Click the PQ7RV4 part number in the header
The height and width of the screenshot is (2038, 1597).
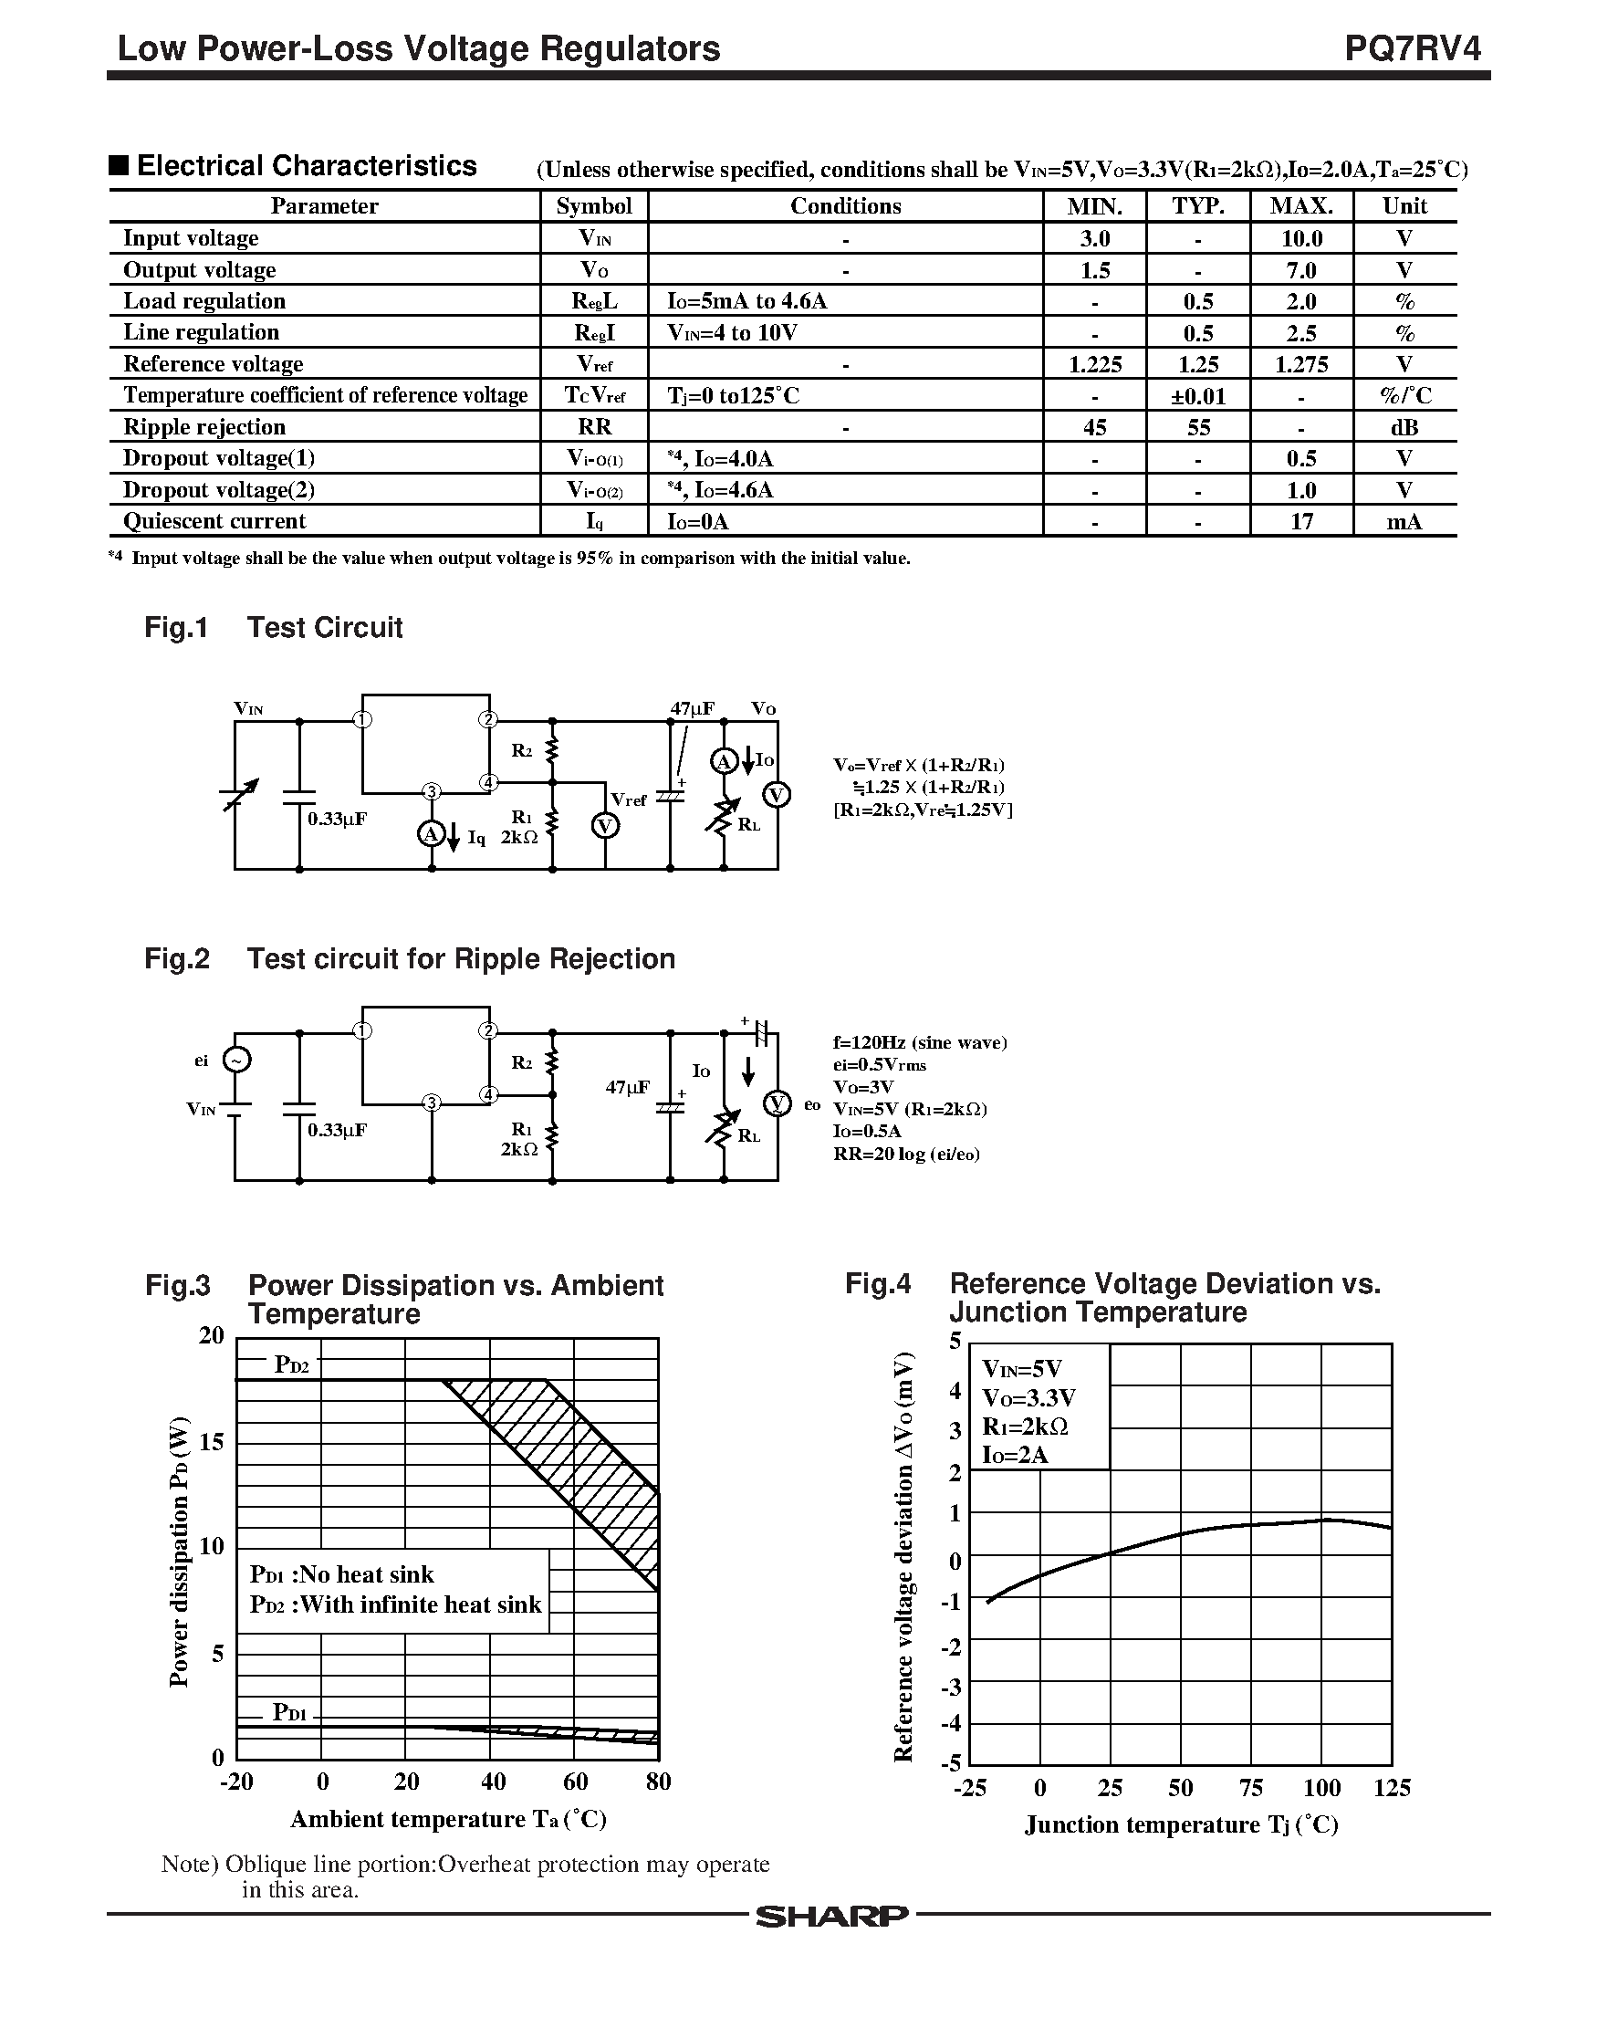[x=1412, y=48]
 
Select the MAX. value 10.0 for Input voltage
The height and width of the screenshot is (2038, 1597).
[x=1301, y=238]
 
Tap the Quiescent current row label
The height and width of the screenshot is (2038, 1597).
[x=215, y=521]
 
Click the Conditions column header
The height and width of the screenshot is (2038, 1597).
[x=845, y=206]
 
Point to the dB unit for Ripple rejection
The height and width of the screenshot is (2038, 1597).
[x=1404, y=427]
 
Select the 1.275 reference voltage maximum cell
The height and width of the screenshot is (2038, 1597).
[x=1301, y=364]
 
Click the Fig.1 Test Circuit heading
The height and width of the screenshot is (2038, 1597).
[x=273, y=627]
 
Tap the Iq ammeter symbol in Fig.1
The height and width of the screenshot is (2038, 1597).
[x=430, y=833]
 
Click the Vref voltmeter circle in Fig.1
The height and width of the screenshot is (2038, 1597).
[x=606, y=825]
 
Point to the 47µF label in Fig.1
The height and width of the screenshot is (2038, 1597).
[x=692, y=708]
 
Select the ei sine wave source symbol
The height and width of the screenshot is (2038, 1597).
[x=236, y=1060]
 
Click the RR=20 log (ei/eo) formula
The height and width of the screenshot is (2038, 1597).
[x=906, y=1155]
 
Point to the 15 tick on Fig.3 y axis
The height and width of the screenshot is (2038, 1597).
[x=213, y=1444]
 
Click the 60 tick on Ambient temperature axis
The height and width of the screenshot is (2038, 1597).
[x=575, y=1782]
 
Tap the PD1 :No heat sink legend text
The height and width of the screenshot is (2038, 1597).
[x=342, y=1574]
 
